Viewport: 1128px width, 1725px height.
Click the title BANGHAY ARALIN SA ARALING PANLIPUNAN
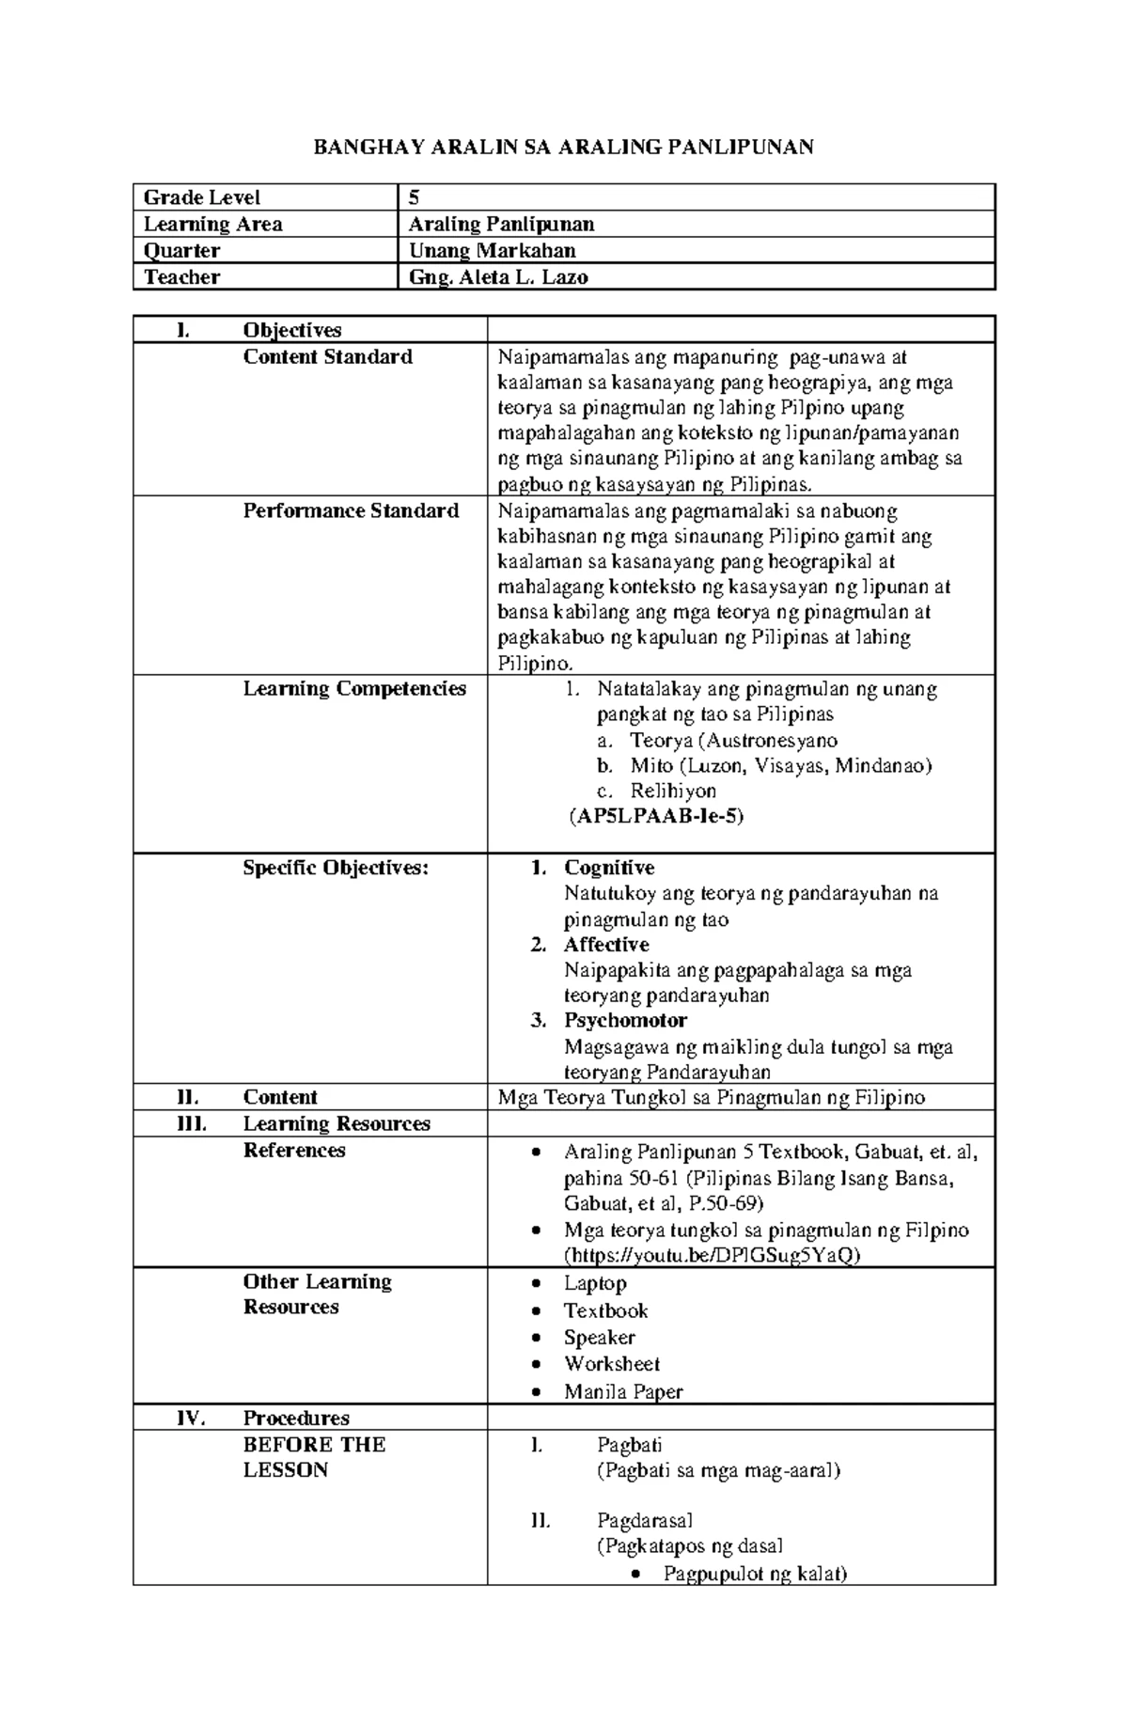click(563, 147)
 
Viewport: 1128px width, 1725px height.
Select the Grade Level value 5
click(414, 197)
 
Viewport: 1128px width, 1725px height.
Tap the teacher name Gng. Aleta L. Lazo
click(498, 277)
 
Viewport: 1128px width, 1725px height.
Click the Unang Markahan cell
click(492, 251)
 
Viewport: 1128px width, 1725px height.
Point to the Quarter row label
click(181, 251)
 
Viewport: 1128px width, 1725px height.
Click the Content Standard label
click(327, 357)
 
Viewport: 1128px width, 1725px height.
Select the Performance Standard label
click(351, 511)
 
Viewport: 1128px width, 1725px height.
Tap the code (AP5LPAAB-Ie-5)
click(656, 816)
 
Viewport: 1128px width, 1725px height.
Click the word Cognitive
click(609, 868)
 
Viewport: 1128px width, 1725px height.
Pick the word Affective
click(606, 945)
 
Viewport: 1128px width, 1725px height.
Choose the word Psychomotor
click(625, 1021)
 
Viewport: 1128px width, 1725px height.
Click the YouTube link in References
click(711, 1256)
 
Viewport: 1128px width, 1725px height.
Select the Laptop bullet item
click(595, 1283)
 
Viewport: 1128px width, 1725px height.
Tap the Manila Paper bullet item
click(623, 1392)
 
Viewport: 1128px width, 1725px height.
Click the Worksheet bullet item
click(612, 1364)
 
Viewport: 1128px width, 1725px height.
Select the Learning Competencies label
click(354, 689)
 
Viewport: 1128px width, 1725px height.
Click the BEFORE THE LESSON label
click(314, 1457)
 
